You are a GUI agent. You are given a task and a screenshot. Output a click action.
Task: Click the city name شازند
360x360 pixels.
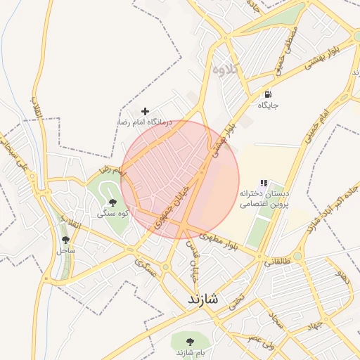[204, 300]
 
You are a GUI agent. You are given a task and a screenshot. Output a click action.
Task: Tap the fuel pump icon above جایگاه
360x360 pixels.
[268, 94]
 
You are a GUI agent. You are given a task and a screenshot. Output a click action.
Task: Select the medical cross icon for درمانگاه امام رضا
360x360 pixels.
[145, 111]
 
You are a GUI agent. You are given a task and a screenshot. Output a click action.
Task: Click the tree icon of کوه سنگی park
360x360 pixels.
[112, 202]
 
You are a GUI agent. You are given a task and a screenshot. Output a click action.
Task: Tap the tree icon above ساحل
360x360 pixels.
[66, 240]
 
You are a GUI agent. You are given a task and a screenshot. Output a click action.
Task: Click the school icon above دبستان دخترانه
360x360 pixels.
[264, 183]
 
